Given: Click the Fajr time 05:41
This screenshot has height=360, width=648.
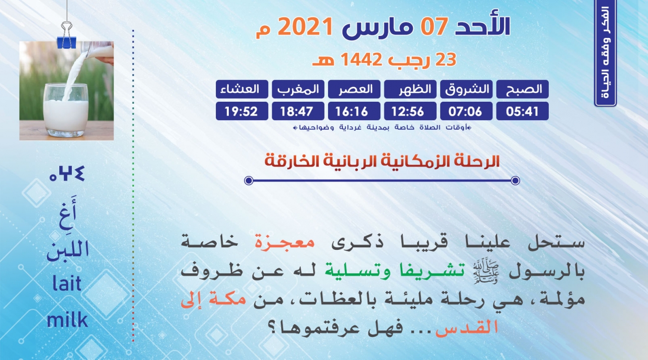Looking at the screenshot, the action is click(522, 111).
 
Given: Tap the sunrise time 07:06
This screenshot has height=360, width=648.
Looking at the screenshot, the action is click(467, 111).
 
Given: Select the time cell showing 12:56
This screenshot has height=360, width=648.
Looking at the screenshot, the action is click(410, 111).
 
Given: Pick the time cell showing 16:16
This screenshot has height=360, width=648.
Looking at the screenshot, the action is click(354, 111).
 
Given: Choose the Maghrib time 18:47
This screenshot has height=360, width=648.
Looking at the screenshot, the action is click(298, 111).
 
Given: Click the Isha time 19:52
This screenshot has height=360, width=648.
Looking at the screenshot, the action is click(242, 111).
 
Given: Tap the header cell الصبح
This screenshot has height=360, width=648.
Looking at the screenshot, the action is click(522, 89).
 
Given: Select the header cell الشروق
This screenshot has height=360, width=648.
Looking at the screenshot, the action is click(467, 89).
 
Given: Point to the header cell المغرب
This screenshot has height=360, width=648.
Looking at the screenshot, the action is click(298, 89).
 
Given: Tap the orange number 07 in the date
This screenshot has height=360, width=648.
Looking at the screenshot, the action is click(434, 26).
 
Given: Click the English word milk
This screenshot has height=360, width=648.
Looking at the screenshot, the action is click(67, 320).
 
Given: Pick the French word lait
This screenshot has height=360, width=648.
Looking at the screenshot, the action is click(67, 283).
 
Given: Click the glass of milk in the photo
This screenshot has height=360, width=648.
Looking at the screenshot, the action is click(66, 110).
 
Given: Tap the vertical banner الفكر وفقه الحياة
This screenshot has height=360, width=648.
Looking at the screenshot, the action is click(605, 53).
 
